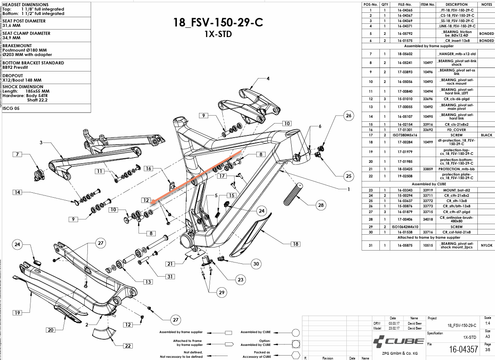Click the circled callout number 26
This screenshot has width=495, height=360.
[x=349, y=116]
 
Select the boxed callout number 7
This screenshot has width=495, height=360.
[x=18, y=154]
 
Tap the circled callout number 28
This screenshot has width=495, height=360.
[x=321, y=205]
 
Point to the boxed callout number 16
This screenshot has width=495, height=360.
[x=149, y=169]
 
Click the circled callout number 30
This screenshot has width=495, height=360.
[x=256, y=264]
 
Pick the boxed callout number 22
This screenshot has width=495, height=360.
[x=128, y=345]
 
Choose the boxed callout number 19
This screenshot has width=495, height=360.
[x=17, y=313]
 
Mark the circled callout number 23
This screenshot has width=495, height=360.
[x=240, y=279]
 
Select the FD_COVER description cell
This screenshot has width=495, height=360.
[x=456, y=130]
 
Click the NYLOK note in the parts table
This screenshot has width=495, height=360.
[x=486, y=245]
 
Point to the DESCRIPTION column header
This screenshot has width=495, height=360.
[x=456, y=4]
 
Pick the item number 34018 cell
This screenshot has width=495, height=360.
[x=427, y=219]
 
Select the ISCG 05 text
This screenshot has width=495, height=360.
[x=11, y=108]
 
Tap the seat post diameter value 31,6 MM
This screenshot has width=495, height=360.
[x=12, y=25]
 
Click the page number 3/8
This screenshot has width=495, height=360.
[x=487, y=350]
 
